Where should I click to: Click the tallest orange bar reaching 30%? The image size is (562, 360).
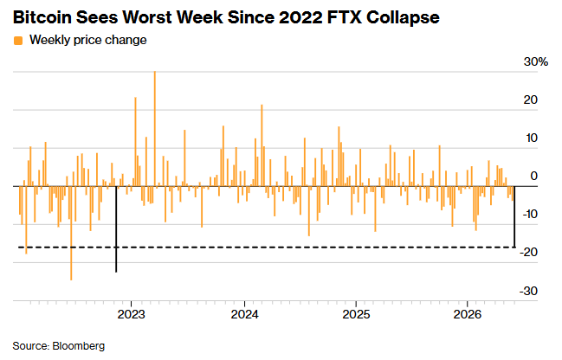click(x=155, y=129)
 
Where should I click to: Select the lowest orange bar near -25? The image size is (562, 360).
click(x=71, y=233)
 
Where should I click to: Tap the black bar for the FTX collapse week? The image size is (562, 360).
click(x=116, y=229)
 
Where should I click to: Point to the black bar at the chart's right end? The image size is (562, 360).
click(x=514, y=216)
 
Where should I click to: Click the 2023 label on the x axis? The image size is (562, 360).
click(x=132, y=314)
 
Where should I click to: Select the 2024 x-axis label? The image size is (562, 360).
click(x=245, y=314)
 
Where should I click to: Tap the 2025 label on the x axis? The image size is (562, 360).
click(x=356, y=314)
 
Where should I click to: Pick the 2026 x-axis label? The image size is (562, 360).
click(x=468, y=314)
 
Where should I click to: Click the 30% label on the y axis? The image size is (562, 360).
click(x=536, y=62)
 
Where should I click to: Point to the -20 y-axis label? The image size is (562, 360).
click(x=529, y=253)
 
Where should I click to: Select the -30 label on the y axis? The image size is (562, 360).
click(x=529, y=291)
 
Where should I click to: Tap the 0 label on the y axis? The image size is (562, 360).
click(x=534, y=177)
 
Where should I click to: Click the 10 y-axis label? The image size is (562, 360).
click(x=532, y=138)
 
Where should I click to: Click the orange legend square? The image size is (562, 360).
click(x=18, y=41)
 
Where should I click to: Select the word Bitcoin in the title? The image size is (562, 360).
click(x=42, y=17)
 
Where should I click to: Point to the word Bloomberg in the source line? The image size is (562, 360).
click(x=79, y=346)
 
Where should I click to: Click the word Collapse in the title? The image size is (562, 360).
click(x=403, y=17)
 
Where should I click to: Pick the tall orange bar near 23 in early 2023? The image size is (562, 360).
click(x=135, y=142)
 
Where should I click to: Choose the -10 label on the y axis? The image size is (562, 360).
click(x=530, y=215)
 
